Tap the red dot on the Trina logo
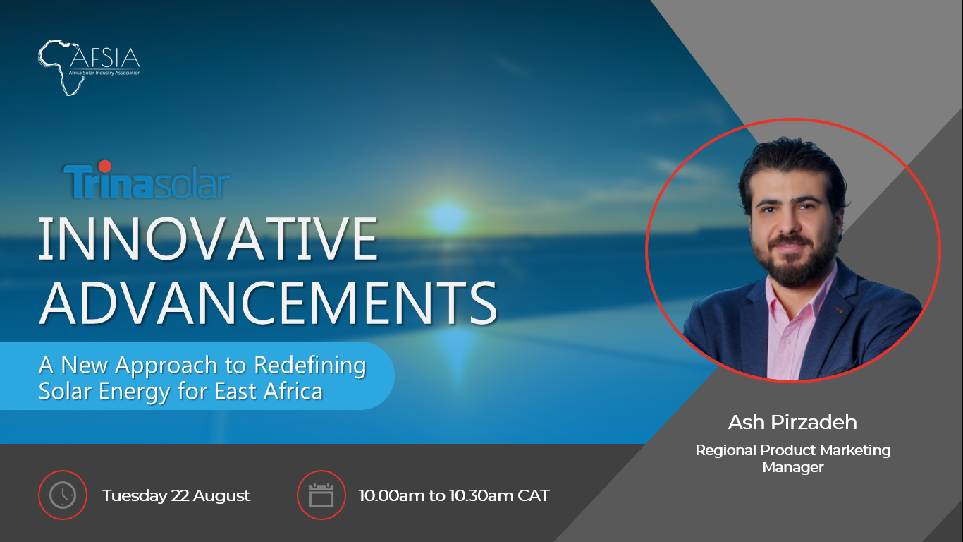point(104,167)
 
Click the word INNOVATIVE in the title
point(208,239)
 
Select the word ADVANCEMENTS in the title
point(269,303)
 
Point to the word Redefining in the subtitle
point(310,366)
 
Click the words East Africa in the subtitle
point(269,391)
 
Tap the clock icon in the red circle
point(63,495)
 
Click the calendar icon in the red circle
point(321,495)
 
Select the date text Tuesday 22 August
point(176,495)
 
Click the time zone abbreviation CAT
point(534,495)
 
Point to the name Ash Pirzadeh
point(792,422)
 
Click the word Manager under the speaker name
point(793,467)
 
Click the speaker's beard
point(795,263)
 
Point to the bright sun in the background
point(447,217)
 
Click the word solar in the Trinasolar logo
point(191,183)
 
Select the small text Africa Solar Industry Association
point(104,73)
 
